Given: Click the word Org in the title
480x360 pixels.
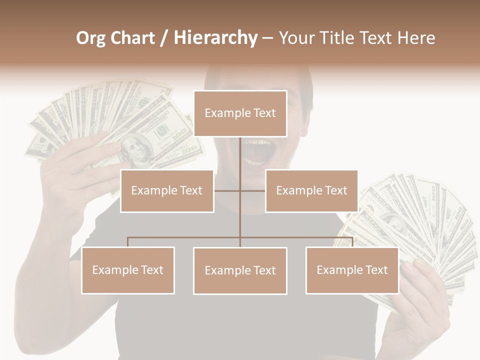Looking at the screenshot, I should (x=90, y=38).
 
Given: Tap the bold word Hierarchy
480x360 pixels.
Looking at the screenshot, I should (x=215, y=38).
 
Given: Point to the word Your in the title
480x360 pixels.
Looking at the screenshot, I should (x=296, y=38).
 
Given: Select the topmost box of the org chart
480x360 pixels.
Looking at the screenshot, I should (x=240, y=113).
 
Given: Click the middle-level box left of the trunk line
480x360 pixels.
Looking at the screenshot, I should (x=167, y=190).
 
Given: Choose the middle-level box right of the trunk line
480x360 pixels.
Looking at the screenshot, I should (x=311, y=190).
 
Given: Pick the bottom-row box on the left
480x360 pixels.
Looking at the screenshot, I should (x=128, y=270).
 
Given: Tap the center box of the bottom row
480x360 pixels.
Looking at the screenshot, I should (x=240, y=270).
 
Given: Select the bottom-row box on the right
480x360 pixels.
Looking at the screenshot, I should (x=352, y=270).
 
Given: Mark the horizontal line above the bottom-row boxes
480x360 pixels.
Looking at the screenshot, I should (x=185, y=237).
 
